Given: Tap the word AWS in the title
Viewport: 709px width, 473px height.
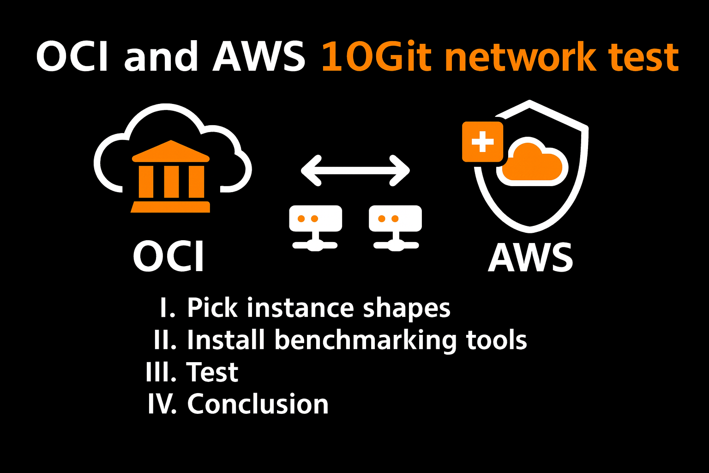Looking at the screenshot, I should [x=258, y=57].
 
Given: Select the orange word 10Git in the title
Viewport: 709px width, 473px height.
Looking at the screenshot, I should [x=376, y=57].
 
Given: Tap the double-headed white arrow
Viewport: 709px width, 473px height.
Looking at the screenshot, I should [x=355, y=170].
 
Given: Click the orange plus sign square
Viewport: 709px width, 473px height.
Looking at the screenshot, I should [x=483, y=142].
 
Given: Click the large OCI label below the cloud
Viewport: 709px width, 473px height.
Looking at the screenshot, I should [x=169, y=257].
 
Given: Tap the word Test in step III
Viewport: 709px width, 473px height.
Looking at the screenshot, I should [x=212, y=372].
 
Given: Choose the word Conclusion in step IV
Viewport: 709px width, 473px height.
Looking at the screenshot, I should [x=258, y=404].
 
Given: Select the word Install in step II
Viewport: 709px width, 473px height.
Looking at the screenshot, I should [x=226, y=340].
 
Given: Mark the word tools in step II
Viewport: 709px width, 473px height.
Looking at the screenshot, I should [x=496, y=340].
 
